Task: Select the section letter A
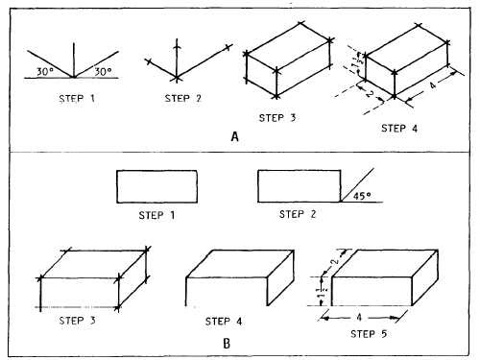235,136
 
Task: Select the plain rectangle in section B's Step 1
156,186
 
